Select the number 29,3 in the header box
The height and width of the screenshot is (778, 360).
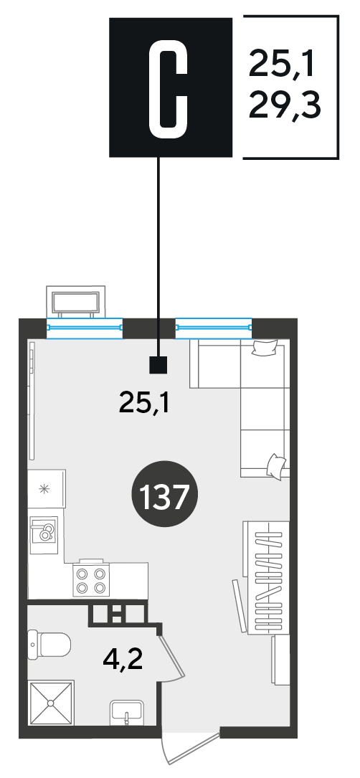click(285, 105)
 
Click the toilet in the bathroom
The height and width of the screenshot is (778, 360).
click(49, 645)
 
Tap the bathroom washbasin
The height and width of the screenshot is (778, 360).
click(126, 713)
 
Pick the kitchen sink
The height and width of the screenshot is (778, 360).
click(44, 534)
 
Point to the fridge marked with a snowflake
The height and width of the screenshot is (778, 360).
click(46, 489)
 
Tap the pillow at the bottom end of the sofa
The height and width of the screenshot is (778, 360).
click(276, 465)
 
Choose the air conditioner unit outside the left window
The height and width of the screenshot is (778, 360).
click(75, 302)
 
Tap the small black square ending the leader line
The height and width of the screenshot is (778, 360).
click(159, 365)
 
